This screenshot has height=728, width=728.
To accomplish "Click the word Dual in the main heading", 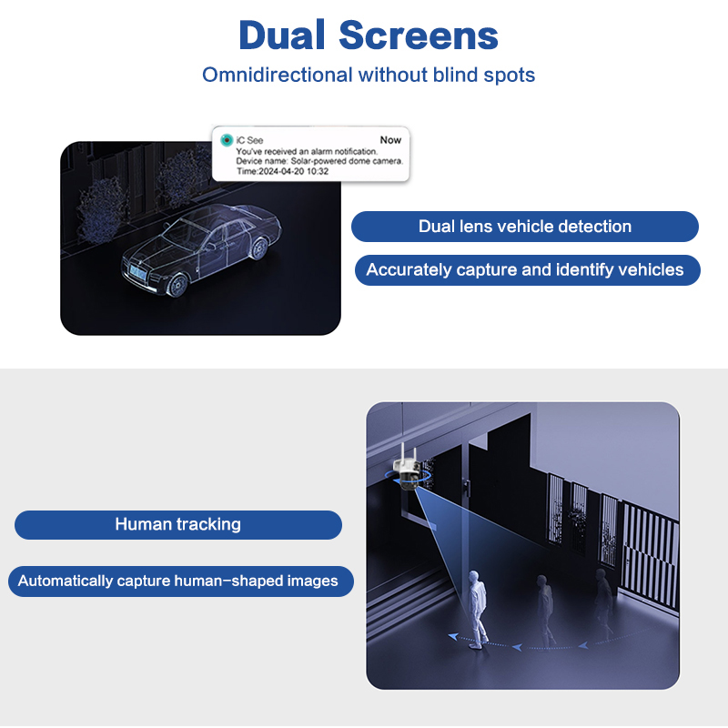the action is coord(282,35).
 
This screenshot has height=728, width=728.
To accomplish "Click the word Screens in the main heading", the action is coord(419,35).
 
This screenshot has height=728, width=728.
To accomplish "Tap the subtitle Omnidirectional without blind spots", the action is coord(369,75).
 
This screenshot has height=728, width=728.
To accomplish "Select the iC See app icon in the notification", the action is coord(227,140).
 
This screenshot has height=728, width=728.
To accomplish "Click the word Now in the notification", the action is coord(390,140).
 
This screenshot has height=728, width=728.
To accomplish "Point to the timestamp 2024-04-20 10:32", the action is coord(293,171).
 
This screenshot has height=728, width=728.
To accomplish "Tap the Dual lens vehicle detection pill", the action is coord(525,227).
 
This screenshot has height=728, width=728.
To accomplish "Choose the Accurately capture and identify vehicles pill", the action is coord(528,269).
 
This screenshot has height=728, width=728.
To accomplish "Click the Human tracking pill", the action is coord(178,525).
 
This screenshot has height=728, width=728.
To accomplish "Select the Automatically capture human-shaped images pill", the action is coord(180,581).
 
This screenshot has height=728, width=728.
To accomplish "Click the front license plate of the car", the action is coord(138,271).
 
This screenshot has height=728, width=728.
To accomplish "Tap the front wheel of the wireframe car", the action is coord(177,285).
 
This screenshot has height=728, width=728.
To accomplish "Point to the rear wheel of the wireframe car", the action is coord(259,248).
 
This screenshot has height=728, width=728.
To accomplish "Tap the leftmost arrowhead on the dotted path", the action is coord(453,636).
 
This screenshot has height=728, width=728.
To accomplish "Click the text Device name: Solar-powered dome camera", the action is coord(319,161).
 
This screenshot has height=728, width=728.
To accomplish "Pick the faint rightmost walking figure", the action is coord(602,602).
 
